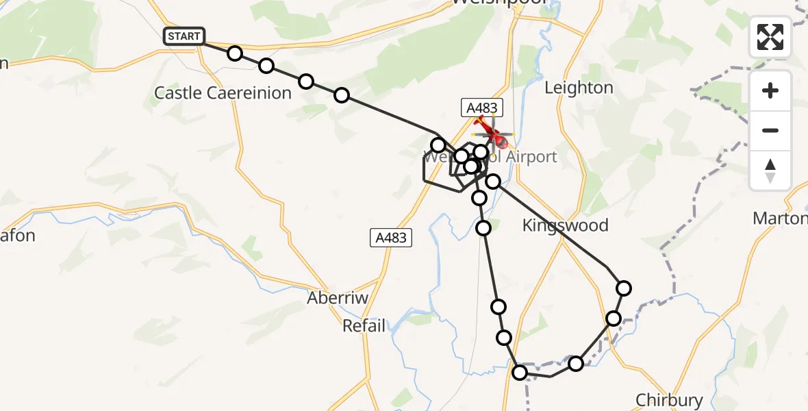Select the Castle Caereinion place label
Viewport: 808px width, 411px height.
(x=223, y=93)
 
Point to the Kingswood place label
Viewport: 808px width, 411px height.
(x=565, y=225)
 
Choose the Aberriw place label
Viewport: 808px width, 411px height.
(x=338, y=299)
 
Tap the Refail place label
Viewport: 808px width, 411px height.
(x=364, y=326)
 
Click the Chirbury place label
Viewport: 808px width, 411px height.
(x=669, y=400)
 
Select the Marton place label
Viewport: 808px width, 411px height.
(x=780, y=219)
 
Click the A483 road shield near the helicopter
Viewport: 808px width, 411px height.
(x=482, y=108)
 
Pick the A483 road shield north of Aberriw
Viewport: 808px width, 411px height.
(x=390, y=238)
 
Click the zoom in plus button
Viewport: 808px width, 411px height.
(x=770, y=90)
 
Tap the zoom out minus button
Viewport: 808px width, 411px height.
(x=770, y=130)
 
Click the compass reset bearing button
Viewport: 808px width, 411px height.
(x=770, y=171)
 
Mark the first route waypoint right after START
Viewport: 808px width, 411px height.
(x=235, y=53)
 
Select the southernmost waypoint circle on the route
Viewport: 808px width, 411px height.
(x=520, y=373)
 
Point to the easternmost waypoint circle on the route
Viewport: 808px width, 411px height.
(x=623, y=288)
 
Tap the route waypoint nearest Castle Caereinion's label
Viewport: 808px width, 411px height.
(x=266, y=66)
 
